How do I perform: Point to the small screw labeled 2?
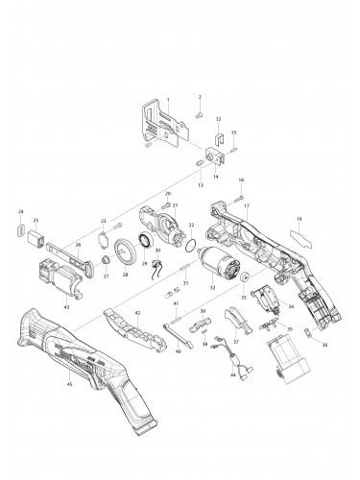point(195,113)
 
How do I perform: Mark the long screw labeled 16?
point(234,197)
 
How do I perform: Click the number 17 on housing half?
point(246,205)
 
